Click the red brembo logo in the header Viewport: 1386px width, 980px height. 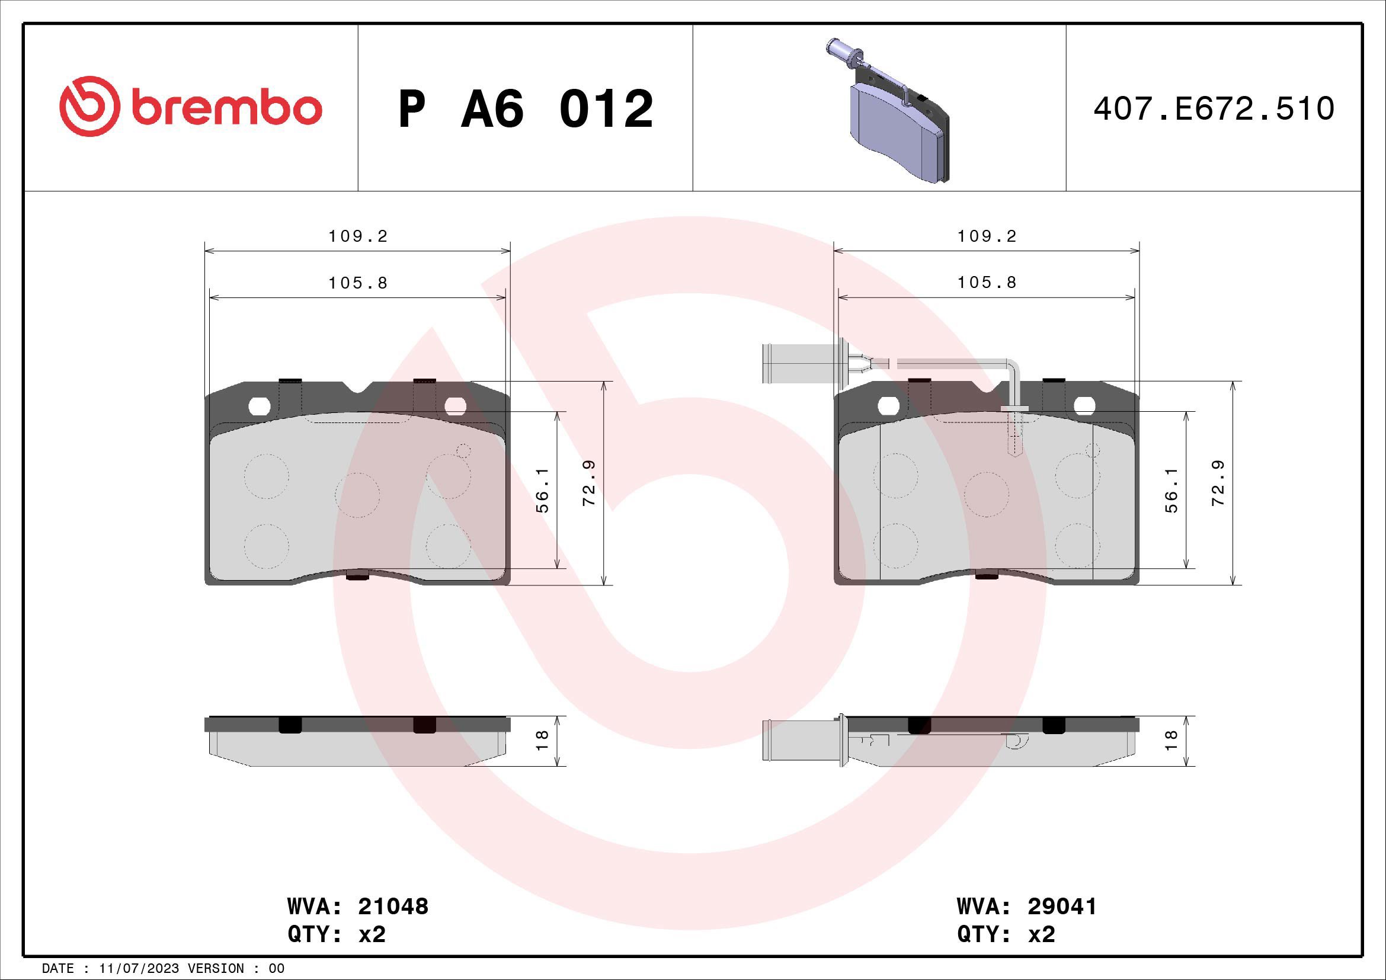pos(190,107)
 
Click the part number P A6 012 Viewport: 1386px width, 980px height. pos(525,109)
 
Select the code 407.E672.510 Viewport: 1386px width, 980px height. pos(1214,109)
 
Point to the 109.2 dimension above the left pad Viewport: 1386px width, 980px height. pos(358,236)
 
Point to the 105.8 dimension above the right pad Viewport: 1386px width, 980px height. pos(987,283)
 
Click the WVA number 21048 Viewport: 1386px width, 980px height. pos(393,907)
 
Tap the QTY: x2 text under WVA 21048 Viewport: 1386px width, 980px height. pos(336,934)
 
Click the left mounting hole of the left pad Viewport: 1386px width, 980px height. pos(260,406)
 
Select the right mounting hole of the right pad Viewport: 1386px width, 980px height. pos(1085,406)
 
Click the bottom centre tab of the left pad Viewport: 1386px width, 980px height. pos(357,577)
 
